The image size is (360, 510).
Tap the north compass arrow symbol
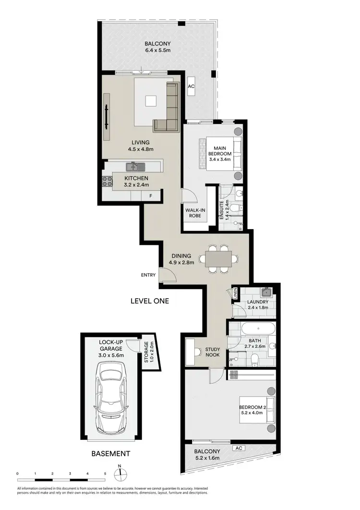pyautogui.click(x=120, y=473)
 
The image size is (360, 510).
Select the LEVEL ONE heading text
pyautogui.click(x=150, y=301)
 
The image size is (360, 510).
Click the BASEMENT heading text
pyautogui.click(x=110, y=453)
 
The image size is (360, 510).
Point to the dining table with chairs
pyautogui.click(x=218, y=259)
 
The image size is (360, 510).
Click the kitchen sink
pyautogui.click(x=135, y=167)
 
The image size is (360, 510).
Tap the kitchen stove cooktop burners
pyautogui.click(x=107, y=181)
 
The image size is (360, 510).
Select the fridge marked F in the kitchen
pyautogui.click(x=150, y=195)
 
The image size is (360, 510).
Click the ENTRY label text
pyautogui.click(x=148, y=275)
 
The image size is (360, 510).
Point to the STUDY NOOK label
pyautogui.click(x=212, y=352)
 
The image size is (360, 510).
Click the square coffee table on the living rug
pyautogui.click(x=151, y=100)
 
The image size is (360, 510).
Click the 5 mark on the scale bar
pyautogui.click(x=105, y=474)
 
